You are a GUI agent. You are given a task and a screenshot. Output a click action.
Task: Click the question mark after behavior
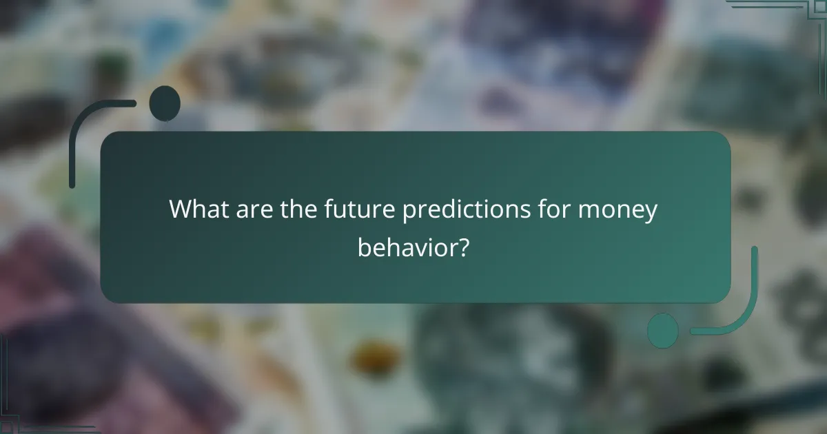[465, 247]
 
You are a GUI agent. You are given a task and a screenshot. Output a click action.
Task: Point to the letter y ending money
[651, 212]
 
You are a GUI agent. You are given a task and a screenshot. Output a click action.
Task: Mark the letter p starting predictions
[409, 212]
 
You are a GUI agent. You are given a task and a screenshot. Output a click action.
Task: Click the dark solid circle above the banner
[164, 103]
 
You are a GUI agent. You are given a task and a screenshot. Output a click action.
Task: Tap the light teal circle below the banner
[662, 331]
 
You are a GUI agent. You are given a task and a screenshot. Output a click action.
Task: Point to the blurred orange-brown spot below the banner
[376, 358]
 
